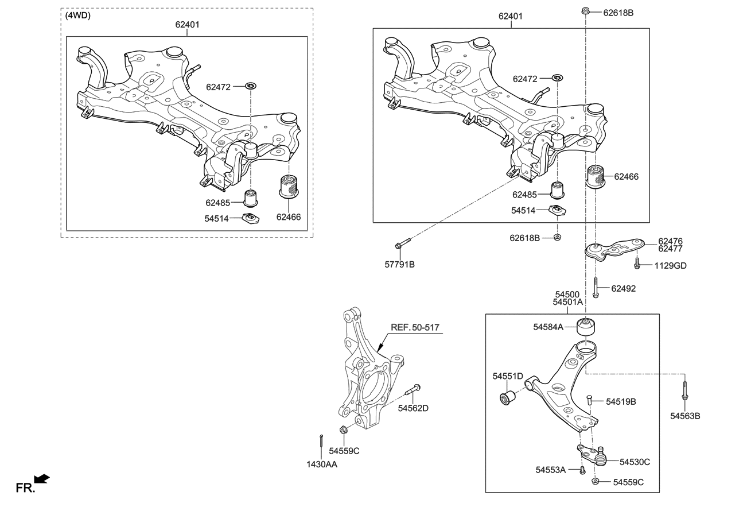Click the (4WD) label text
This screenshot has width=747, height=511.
click(78, 16)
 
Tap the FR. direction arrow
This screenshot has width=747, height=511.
click(42, 478)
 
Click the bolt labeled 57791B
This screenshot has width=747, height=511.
click(400, 244)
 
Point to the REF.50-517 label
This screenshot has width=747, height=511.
click(415, 327)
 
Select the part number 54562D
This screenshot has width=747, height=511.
click(413, 408)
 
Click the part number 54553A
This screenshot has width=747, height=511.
click(551, 470)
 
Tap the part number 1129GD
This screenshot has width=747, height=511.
click(670, 266)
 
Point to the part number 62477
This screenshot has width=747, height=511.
click(670, 249)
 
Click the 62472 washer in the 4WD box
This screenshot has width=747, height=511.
click(250, 87)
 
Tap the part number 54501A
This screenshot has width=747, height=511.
click(567, 302)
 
